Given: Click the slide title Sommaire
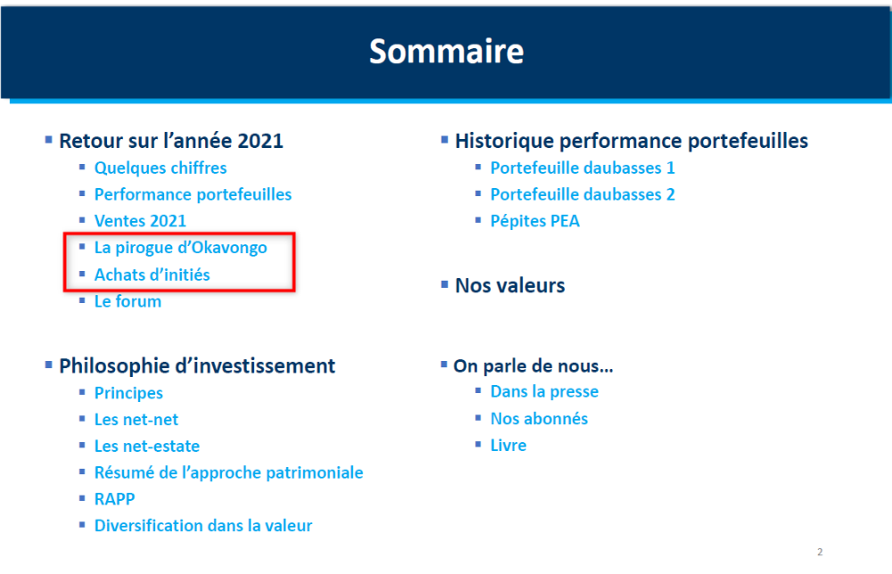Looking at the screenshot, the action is [x=447, y=51].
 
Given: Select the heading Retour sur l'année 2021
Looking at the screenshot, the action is [x=171, y=141].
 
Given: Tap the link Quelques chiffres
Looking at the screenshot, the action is [x=161, y=168].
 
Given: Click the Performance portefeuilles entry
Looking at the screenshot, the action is [x=193, y=194].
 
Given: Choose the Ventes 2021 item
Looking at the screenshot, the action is [x=140, y=220].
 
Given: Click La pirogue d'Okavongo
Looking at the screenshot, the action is [x=180, y=248].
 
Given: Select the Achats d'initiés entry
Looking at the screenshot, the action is [x=152, y=275].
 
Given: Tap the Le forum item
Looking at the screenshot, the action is [x=128, y=301].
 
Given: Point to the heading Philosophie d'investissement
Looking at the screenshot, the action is [x=197, y=366].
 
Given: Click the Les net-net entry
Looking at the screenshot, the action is [x=136, y=420].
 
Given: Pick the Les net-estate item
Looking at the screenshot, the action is [x=147, y=447].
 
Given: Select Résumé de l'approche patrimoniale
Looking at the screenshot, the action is [x=228, y=473].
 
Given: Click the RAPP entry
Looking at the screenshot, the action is [x=114, y=499].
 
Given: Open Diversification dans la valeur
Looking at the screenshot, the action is [x=203, y=526].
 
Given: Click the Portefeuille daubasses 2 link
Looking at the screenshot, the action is [x=582, y=194].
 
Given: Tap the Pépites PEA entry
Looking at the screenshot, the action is [x=534, y=221].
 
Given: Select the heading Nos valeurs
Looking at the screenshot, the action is [x=509, y=285].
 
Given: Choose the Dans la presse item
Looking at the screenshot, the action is [x=544, y=391].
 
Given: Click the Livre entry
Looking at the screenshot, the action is [x=508, y=445].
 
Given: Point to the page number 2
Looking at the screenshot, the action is [x=820, y=552].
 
